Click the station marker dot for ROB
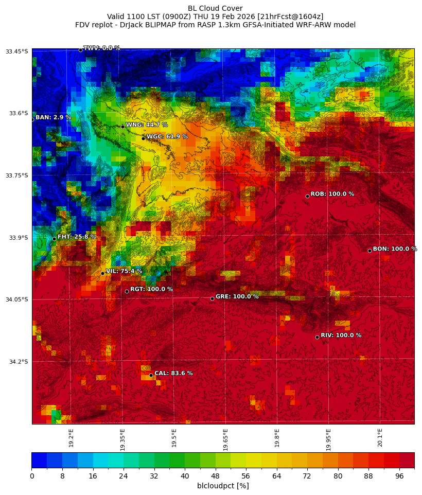pyautogui.click(x=307, y=196)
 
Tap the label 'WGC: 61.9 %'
pyautogui.click(x=167, y=137)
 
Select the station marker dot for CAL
pyautogui.click(x=151, y=375)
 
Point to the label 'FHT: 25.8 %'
pyautogui.click(x=77, y=237)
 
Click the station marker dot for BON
pyautogui.click(x=370, y=251)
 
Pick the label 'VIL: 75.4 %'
pyautogui.click(x=124, y=271)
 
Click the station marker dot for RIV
pyautogui.click(x=317, y=337)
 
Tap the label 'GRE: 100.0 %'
pyautogui.click(x=237, y=297)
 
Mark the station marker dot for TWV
pyautogui.click(x=80, y=50)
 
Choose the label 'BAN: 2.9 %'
pyautogui.click(x=53, y=118)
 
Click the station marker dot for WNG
pyautogui.click(x=122, y=127)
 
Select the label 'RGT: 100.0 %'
pyautogui.click(x=151, y=289)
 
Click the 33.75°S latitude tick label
pyautogui.click(x=17, y=175)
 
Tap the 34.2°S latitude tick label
pyautogui.click(x=19, y=362)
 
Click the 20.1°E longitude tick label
pyautogui.click(x=380, y=438)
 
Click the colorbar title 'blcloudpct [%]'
pyautogui.click(x=223, y=486)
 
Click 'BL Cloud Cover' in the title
pyautogui.click(x=215, y=8)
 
